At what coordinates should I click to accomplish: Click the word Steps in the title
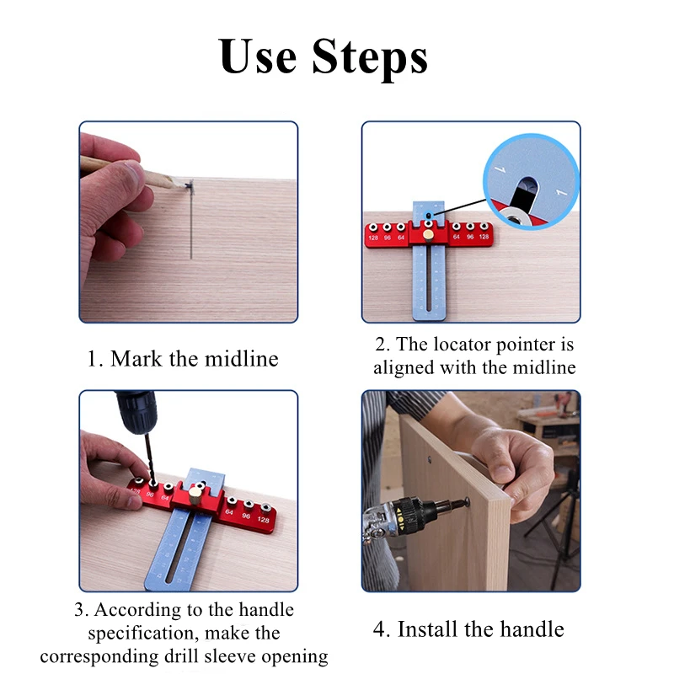tap(370, 57)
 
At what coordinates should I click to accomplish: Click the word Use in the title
tap(258, 56)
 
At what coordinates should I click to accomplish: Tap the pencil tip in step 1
tap(188, 185)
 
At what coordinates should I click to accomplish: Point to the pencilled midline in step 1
tap(191, 220)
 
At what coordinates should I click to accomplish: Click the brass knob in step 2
tap(428, 235)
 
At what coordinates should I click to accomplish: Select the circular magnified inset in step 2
tap(532, 181)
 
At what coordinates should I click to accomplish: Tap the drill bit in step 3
tap(149, 457)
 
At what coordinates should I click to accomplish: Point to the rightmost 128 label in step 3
tap(263, 520)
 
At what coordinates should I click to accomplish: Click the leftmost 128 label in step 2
tap(373, 238)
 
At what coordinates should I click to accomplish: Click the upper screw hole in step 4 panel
tap(430, 459)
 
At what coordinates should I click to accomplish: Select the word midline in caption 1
tap(242, 359)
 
